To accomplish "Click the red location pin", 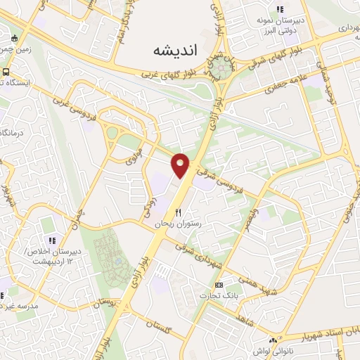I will [181, 165].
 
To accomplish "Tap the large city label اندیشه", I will [176, 51].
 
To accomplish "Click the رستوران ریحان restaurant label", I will [178, 223].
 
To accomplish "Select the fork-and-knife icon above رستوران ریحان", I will [178, 212].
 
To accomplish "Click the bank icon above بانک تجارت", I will [219, 284].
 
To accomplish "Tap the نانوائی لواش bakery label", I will [266, 349].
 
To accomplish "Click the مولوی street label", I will [135, 158].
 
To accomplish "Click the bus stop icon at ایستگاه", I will [6, 72].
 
